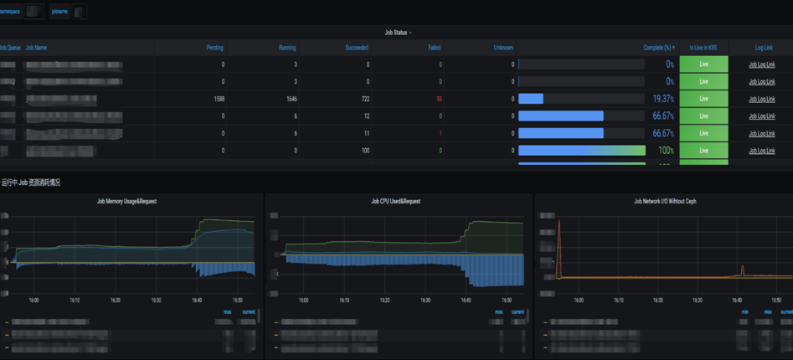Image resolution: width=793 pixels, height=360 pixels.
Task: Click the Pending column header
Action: point(214,48)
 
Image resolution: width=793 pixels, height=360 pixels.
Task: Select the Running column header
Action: point(287,48)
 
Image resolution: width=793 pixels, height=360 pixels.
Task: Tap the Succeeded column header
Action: point(357,48)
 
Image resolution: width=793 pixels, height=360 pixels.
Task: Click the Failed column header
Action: point(434,48)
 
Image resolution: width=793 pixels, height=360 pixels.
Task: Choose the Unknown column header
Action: point(503,48)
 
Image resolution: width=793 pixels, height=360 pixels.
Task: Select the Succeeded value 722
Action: point(363,99)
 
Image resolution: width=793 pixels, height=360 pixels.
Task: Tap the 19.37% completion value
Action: point(663,99)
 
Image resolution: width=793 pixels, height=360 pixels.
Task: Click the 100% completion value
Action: point(666,151)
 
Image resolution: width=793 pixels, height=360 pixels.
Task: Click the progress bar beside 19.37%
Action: point(581,99)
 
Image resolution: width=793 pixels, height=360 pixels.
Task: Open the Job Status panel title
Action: point(398,33)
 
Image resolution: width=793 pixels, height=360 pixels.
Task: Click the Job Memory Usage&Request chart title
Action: point(126,201)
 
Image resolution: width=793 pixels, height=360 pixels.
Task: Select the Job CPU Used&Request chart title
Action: point(395,201)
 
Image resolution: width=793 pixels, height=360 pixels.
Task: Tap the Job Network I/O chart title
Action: point(665,201)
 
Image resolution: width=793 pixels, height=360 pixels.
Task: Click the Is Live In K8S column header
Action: point(703,48)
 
